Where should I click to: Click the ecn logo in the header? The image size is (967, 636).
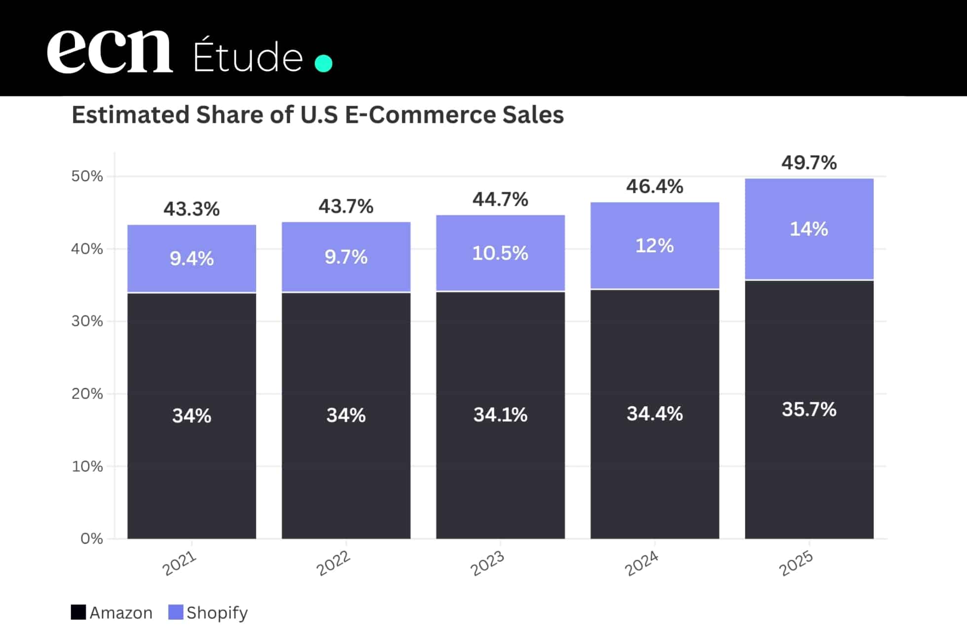[x=110, y=51]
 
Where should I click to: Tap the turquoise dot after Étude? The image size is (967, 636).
[x=324, y=63]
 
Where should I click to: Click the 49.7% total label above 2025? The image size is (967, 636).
[x=809, y=162]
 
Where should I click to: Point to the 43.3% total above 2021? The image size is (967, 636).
[x=191, y=209]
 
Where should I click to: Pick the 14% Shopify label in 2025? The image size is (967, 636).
[x=809, y=229]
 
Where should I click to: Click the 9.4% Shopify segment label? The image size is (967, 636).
[x=191, y=258]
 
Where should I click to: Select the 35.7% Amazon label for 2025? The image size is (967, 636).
[x=809, y=409]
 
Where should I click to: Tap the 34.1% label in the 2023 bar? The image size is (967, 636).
[x=500, y=415]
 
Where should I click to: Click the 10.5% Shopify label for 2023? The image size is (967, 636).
[x=500, y=253]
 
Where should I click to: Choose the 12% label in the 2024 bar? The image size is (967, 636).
[x=655, y=245]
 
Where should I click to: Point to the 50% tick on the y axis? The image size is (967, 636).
[x=87, y=176]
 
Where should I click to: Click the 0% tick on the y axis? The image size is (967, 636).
[x=92, y=538]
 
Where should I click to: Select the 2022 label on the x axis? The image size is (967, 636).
[x=334, y=563]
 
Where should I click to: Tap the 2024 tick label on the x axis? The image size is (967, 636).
[x=641, y=563]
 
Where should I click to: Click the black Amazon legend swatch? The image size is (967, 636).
[x=78, y=612]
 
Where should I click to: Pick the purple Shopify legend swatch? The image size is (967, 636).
[x=176, y=612]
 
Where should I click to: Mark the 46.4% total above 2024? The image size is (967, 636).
[x=655, y=186]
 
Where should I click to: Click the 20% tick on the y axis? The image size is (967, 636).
[x=87, y=394]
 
